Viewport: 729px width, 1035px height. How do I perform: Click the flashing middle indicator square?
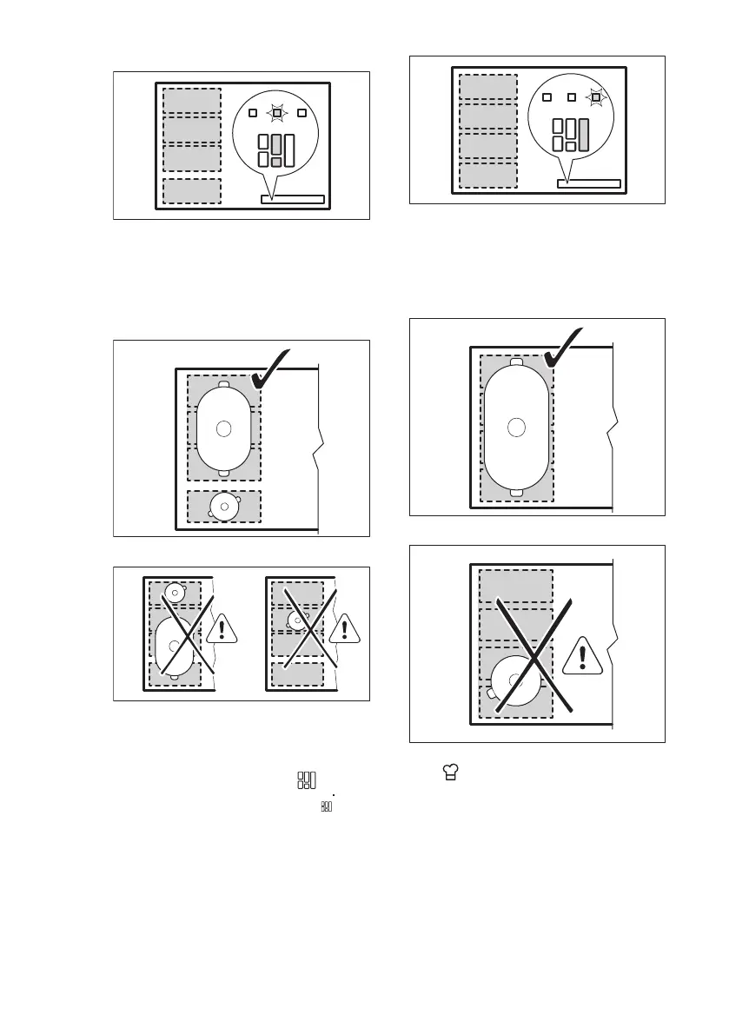pyautogui.click(x=276, y=112)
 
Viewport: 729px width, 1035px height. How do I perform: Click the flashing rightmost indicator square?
pyautogui.click(x=595, y=96)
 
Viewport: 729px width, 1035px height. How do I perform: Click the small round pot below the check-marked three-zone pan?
pyautogui.click(x=225, y=505)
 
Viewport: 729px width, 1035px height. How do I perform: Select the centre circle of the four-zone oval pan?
pyautogui.click(x=516, y=426)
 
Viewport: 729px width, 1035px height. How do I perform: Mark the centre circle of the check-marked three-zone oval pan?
pyautogui.click(x=224, y=428)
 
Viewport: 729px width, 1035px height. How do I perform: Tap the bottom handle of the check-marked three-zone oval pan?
pyautogui.click(x=224, y=473)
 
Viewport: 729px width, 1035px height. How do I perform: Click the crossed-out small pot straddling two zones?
pyautogui.click(x=298, y=620)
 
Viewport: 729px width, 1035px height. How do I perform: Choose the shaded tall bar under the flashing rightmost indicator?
pyautogui.click(x=584, y=136)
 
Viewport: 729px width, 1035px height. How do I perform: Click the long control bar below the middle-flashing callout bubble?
pyautogui.click(x=293, y=200)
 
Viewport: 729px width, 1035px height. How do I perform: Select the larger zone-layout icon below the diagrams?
pyautogui.click(x=306, y=780)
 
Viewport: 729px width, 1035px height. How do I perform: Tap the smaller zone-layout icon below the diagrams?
pyautogui.click(x=326, y=807)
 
